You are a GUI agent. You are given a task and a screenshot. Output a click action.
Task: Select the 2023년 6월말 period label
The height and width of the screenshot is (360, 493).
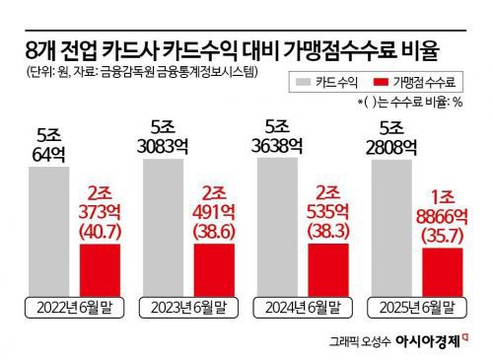[189, 308]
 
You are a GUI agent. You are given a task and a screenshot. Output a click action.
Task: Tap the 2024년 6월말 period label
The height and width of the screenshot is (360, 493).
[303, 308]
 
